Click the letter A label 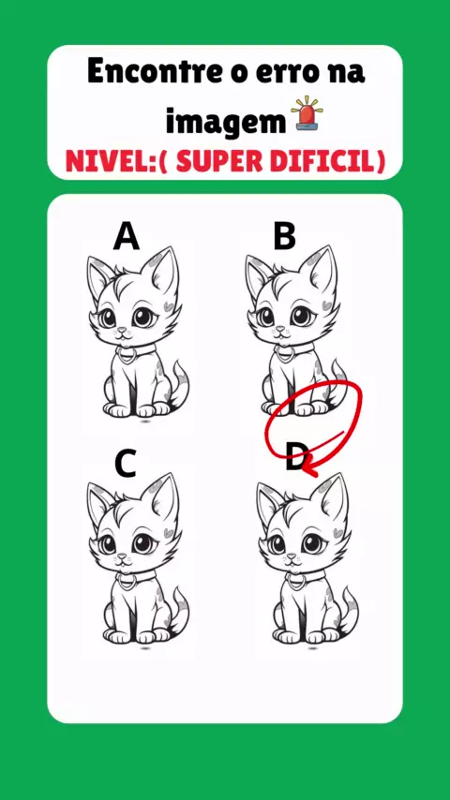pos(127,237)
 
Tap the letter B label pos(284,237)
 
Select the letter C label pos(125,464)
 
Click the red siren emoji pos(307,113)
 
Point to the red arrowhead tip pos(303,466)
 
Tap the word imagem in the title pos(225,123)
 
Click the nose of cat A pos(121,330)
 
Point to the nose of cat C pos(122,556)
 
